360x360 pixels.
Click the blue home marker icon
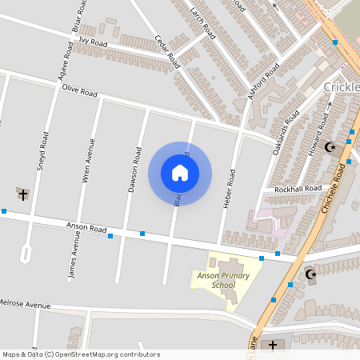pos(180,173)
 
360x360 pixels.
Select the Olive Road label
pos(80,92)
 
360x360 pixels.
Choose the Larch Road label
pos(204,22)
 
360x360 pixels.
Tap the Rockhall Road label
pos(298,189)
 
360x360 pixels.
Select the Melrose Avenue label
pos(25,305)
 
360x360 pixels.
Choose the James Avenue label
pos(74,257)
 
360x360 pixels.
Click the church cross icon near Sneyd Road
pos(22,194)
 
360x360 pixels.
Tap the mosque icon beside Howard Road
pos(330,146)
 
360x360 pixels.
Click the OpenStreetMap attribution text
pos(81,354)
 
